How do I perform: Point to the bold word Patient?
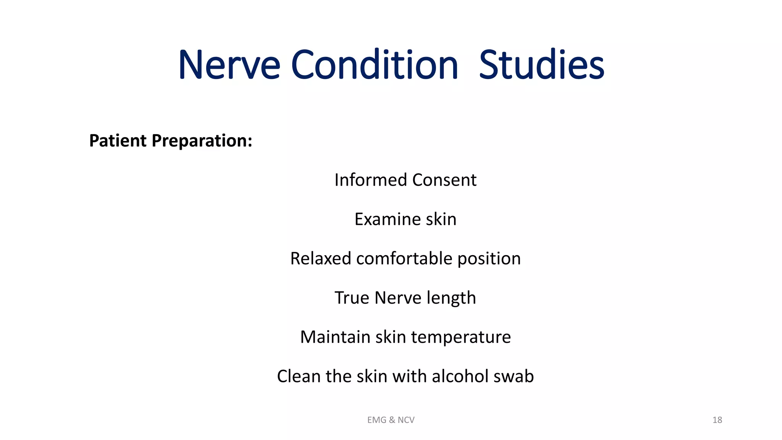(x=118, y=141)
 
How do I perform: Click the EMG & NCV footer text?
(x=391, y=420)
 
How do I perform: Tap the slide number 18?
(x=717, y=420)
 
